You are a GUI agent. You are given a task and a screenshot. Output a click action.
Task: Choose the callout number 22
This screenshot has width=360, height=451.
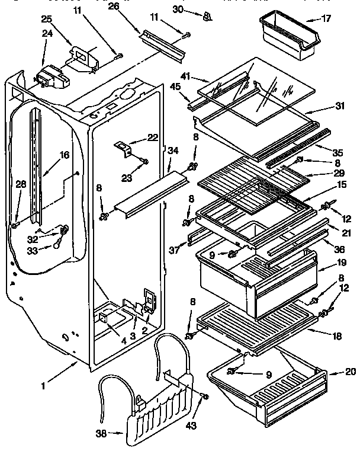click(x=153, y=138)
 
